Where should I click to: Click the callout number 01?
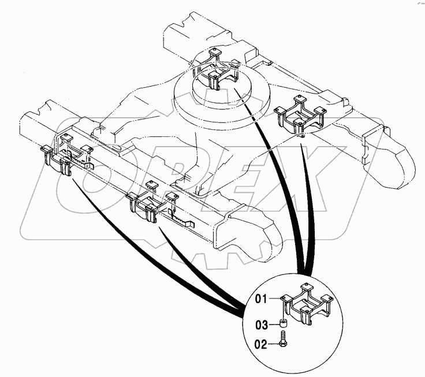pyautogui.click(x=263, y=299)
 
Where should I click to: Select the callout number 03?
pyautogui.click(x=263, y=324)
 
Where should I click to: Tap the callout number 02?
pyautogui.click(x=263, y=345)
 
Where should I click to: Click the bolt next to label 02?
pyautogui.click(x=284, y=340)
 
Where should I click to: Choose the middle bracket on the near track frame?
pyautogui.click(x=146, y=202)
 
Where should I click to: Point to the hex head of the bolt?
pyautogui.click(x=284, y=345)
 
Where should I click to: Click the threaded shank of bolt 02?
pyautogui.click(x=284, y=336)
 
